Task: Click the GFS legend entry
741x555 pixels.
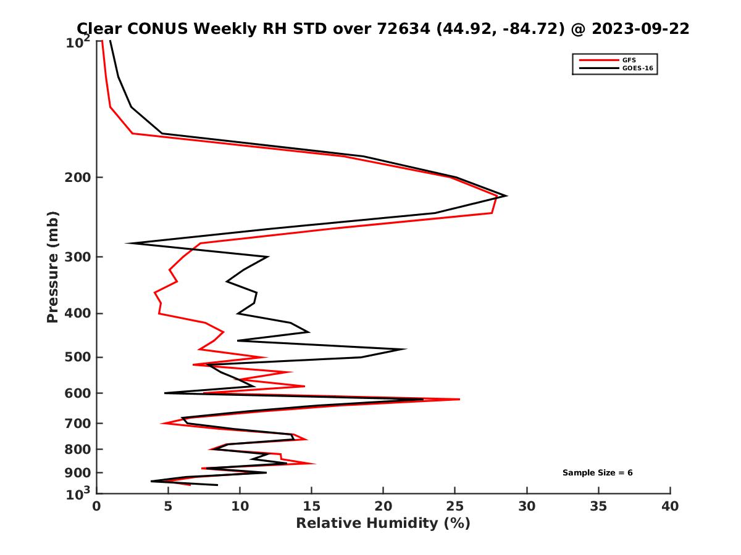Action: pos(629,60)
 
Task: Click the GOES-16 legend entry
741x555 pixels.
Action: pos(637,68)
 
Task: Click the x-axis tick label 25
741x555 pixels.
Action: pos(455,506)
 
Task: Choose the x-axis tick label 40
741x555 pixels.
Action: pos(670,506)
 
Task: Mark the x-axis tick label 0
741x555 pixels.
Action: pos(97,506)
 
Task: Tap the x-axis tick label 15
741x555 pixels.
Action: pos(312,506)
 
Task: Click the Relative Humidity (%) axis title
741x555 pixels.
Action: pos(383,524)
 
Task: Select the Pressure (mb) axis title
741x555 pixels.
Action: pos(52,266)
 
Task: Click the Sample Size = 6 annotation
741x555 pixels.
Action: pos(597,473)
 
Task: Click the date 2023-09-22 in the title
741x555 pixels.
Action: pos(640,28)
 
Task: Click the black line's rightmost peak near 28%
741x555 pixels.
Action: pos(506,196)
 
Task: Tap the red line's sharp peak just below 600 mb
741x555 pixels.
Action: pos(459,400)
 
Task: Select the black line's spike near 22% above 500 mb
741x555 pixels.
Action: pos(406,349)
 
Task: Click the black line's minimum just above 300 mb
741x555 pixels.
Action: pos(127,243)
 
